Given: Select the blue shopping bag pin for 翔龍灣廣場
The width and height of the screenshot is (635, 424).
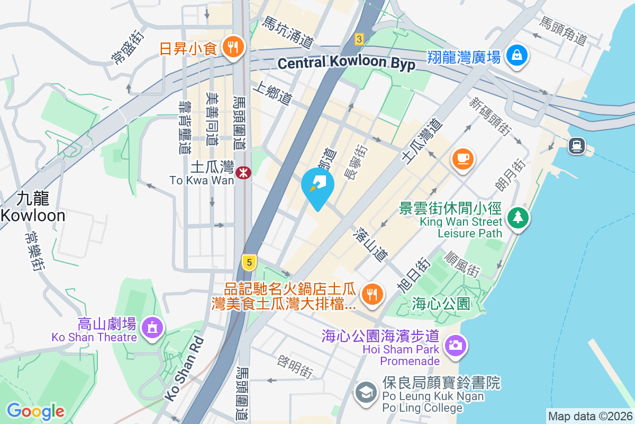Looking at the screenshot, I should click(514, 56).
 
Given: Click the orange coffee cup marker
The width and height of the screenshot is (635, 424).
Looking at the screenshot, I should click(463, 158).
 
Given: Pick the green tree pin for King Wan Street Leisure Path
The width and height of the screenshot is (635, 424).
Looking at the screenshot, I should click(518, 217).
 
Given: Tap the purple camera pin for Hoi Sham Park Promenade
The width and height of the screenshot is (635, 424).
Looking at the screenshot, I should click(455, 344).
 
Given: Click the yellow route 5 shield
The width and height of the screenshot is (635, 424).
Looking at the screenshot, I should click(249, 261).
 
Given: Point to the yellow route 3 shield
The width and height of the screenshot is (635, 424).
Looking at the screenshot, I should click(359, 39).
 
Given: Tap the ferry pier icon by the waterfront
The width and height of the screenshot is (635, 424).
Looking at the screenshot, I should click(576, 145).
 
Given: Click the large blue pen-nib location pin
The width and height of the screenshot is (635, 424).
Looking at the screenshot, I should click(317, 185).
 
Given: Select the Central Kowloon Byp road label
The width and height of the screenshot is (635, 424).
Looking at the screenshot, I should click(346, 63).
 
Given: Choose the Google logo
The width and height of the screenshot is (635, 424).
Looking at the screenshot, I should click(35, 411).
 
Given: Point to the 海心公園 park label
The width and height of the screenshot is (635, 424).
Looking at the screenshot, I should click(441, 304).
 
